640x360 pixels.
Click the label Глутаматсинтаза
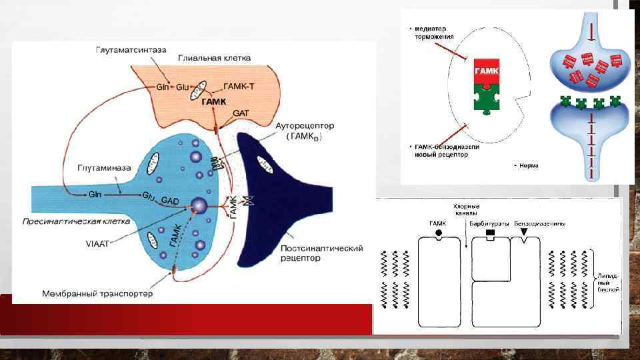[131, 49]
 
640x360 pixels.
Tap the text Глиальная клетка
[215, 58]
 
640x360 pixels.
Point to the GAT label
[241, 113]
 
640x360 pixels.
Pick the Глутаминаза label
[103, 169]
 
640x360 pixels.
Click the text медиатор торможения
[434, 33]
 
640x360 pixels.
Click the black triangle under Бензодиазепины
[523, 232]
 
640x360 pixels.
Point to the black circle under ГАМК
[438, 233]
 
